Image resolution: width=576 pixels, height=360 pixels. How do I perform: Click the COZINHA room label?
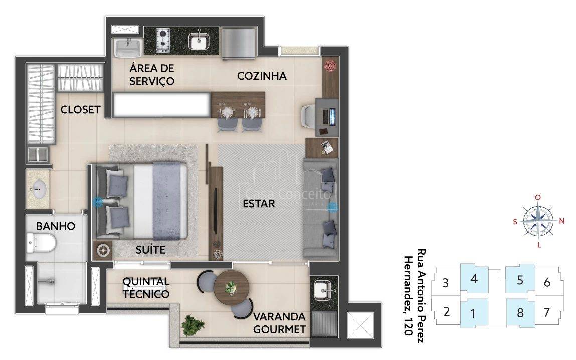click(x=262, y=76)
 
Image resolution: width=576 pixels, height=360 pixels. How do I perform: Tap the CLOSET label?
click(x=80, y=109)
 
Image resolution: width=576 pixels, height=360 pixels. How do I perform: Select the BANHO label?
click(x=56, y=226)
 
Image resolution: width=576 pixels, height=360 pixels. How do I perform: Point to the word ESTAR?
click(x=259, y=204)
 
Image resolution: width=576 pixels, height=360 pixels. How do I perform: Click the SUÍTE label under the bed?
click(x=150, y=250)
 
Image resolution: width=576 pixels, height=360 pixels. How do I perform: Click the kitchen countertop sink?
click(x=199, y=41)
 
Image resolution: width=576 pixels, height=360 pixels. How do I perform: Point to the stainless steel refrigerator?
click(x=238, y=43)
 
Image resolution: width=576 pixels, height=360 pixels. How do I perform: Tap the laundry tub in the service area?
click(x=127, y=48)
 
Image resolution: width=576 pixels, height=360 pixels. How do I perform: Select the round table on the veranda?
click(x=232, y=288)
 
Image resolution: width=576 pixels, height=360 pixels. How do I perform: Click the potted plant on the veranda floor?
click(x=193, y=325)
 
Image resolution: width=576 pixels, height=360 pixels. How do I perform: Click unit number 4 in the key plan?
click(x=474, y=279)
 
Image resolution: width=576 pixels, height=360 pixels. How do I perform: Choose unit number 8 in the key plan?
click(x=520, y=313)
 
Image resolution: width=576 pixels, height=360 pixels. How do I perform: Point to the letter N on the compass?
click(x=561, y=221)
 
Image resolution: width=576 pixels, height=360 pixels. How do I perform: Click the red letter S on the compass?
click(x=515, y=222)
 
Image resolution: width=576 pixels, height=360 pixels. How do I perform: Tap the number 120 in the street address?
click(x=407, y=327)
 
